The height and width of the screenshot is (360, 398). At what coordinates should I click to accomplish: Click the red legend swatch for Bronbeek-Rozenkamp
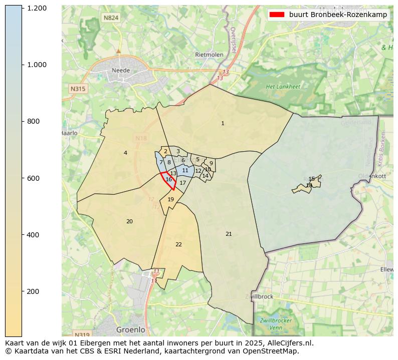click(276, 15)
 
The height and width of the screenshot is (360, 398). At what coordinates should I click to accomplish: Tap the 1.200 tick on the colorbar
click(37, 9)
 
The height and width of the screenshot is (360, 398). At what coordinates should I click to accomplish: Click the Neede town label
click(121, 71)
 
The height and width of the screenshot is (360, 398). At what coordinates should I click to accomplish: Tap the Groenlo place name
click(130, 330)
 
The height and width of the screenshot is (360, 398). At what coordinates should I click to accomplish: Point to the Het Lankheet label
click(283, 87)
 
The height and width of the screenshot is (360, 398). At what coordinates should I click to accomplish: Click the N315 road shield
click(78, 89)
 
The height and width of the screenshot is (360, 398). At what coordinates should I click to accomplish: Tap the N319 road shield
click(81, 334)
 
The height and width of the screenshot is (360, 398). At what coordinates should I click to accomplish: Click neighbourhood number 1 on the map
click(223, 123)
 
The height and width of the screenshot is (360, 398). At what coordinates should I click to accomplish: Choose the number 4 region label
click(125, 153)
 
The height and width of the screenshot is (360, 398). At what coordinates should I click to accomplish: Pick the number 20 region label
click(129, 221)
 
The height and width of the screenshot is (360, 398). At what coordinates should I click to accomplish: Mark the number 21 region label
click(229, 234)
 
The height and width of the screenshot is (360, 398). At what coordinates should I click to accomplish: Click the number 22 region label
click(178, 244)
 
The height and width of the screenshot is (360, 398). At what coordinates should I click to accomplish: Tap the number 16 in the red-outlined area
click(169, 179)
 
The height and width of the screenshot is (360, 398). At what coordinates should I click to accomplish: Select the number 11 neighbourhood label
click(185, 170)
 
